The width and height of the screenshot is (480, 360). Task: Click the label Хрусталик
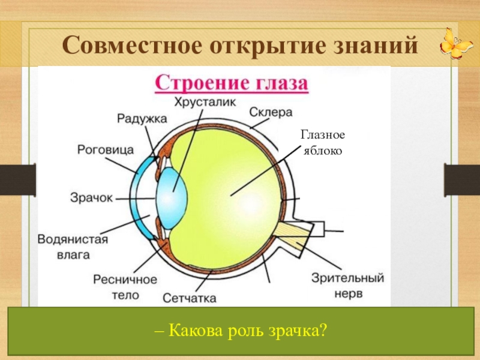point(203,102)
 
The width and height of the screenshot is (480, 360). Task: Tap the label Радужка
point(142,119)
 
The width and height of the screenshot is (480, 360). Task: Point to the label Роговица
point(106,149)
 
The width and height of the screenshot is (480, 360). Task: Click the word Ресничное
point(125,280)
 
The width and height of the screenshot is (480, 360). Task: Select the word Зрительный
point(347,278)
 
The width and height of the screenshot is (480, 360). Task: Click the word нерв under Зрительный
point(347,294)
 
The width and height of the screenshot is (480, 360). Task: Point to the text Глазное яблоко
point(322,144)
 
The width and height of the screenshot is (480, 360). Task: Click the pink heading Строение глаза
point(232,83)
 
